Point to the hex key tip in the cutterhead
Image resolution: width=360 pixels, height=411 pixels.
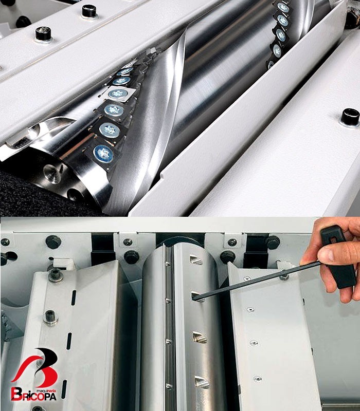point(195,297)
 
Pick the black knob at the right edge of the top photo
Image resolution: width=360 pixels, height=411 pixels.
point(350,117)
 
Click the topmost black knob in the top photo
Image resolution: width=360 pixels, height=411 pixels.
point(89,11)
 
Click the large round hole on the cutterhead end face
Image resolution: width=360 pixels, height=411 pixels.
point(52,173)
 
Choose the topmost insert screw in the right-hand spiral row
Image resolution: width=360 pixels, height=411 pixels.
point(283,7)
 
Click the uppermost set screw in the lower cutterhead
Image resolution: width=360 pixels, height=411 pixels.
point(196,260)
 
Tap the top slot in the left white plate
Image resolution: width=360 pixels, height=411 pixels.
point(74,298)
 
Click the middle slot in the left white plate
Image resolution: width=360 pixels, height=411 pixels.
point(69,341)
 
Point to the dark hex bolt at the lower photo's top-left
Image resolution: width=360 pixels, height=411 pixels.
point(53,242)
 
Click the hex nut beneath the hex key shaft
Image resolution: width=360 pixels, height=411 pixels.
point(284,276)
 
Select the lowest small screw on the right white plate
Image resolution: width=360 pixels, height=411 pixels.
point(258,379)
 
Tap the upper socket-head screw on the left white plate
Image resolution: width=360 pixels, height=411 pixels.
point(56,275)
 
